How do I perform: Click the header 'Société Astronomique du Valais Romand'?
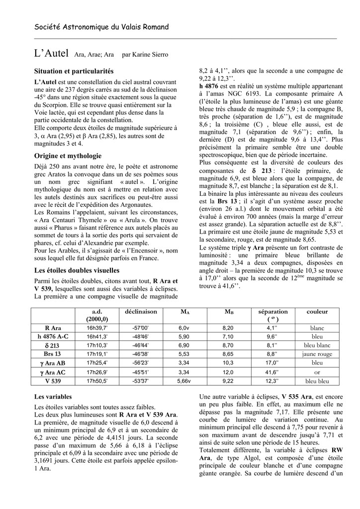coord(101,27)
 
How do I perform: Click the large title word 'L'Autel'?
coord(52,53)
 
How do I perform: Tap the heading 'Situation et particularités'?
coord(74,72)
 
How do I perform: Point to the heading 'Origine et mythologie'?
coord(68,156)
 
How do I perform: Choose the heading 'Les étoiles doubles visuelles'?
coord(77,270)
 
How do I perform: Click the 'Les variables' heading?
coord(53,397)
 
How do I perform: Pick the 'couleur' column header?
coord(317,312)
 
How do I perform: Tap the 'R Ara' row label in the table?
coord(53,328)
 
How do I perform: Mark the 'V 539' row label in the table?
coord(53,381)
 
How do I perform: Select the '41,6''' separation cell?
coord(271,372)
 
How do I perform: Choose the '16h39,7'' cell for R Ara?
coord(97,328)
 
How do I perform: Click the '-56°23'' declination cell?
coord(141,363)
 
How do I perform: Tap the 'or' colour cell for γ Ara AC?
coord(317,372)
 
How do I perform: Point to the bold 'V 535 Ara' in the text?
coord(297,397)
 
